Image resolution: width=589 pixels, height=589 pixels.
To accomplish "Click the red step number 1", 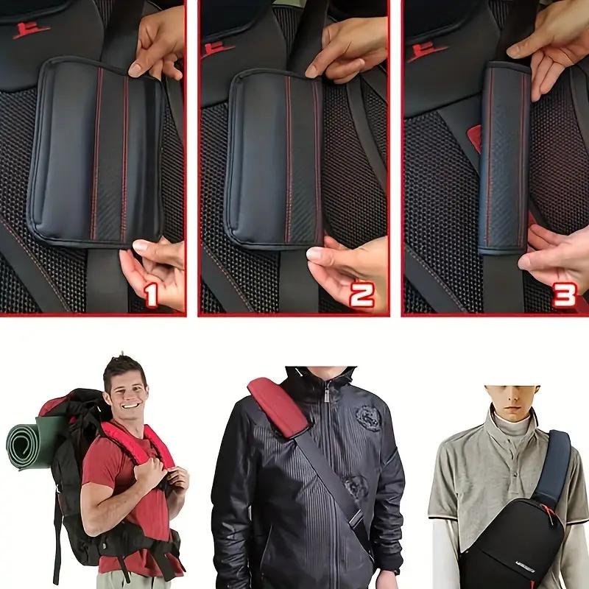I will tap(151, 295).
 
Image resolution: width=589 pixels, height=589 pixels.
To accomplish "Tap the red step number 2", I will tap(361, 294).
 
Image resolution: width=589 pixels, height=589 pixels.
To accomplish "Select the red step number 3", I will tap(564, 295).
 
